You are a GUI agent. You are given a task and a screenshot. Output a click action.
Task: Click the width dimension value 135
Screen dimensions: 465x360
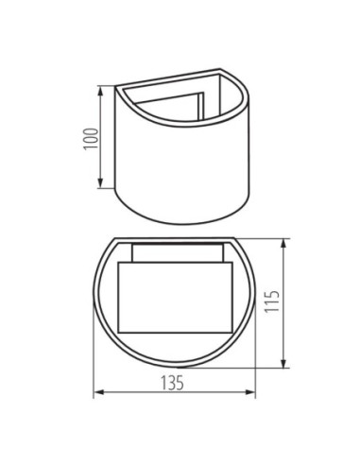[x=173, y=383]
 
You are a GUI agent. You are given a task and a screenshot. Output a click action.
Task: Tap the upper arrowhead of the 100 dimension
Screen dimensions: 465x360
[x=100, y=91]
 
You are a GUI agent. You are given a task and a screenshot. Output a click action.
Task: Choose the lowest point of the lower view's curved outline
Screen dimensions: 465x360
[x=174, y=367]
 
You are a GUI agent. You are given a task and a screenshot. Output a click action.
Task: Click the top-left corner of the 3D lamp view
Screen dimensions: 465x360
[x=115, y=87]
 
